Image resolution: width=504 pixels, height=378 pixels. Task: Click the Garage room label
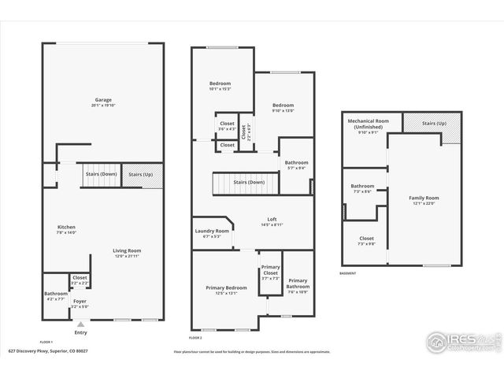pos(103,100)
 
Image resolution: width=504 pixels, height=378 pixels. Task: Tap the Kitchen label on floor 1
pos(66,227)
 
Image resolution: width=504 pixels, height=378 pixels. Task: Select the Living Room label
pos(128,250)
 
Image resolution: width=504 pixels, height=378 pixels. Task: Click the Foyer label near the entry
pos(80,301)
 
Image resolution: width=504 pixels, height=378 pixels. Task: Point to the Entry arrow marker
pos(80,322)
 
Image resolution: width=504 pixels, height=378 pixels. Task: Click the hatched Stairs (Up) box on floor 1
pos(143,174)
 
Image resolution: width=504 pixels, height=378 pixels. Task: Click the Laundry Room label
pos(212,231)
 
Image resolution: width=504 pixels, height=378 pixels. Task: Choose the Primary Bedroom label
pos(226,288)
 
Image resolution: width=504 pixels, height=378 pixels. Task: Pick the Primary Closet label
pos(270,270)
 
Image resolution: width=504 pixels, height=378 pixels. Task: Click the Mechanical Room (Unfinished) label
pos(363,124)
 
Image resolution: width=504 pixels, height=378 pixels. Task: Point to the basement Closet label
pos(367,238)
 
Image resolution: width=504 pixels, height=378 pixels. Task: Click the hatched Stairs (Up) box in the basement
pos(432,123)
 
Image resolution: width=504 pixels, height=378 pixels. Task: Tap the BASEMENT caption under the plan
pos(348,273)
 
